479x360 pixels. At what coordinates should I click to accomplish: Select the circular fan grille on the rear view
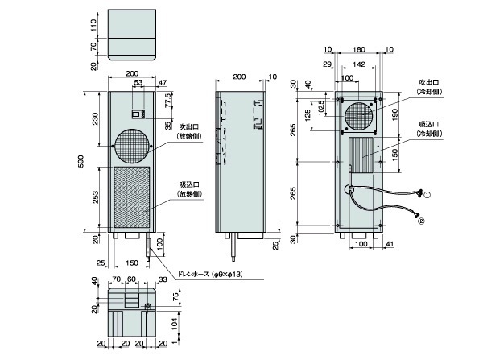pyautogui.click(x=358, y=118)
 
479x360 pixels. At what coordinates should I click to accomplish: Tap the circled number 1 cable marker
pyautogui.click(x=428, y=194)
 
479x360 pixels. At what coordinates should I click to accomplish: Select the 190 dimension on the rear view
pyautogui.click(x=394, y=115)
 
